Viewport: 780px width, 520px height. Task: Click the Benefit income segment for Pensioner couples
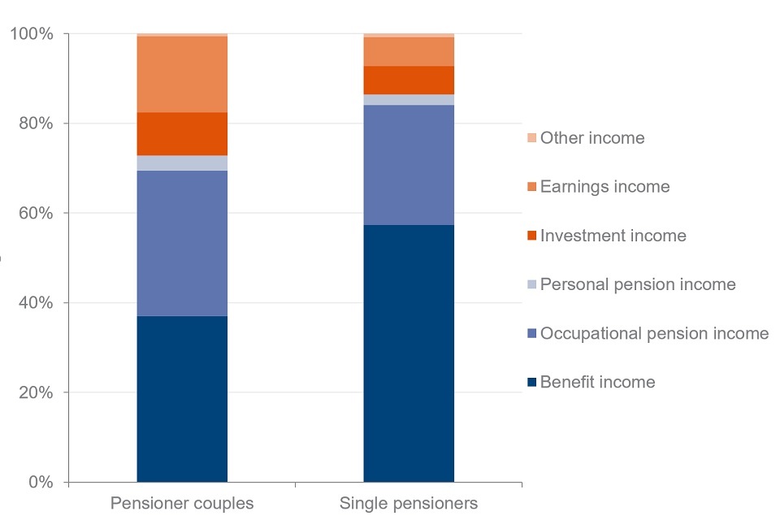click(x=182, y=399)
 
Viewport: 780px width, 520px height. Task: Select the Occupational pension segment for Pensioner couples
click(x=182, y=243)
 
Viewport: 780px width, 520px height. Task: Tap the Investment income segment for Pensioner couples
click(x=182, y=134)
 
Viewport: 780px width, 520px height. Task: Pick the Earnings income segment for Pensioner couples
click(x=182, y=74)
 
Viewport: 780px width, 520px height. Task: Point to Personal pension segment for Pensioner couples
click(x=182, y=163)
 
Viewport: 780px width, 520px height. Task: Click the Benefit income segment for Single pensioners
click(x=409, y=353)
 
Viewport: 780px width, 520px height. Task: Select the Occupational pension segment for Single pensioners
click(x=409, y=165)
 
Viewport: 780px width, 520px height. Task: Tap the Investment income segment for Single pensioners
click(x=409, y=80)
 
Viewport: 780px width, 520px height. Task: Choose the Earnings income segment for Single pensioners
click(x=409, y=51)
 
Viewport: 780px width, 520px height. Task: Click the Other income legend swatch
click(x=532, y=138)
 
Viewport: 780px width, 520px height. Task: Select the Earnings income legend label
click(x=604, y=187)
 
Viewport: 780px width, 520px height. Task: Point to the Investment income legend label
click(x=613, y=236)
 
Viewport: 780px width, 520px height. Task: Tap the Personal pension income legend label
click(x=638, y=284)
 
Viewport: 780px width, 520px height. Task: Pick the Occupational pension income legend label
click(x=654, y=333)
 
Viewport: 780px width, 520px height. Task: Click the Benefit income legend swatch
click(x=532, y=382)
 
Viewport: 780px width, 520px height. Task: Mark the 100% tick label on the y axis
click(x=31, y=34)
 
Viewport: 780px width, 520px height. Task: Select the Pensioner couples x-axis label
click(x=182, y=504)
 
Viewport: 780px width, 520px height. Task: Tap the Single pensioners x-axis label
click(x=409, y=504)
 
